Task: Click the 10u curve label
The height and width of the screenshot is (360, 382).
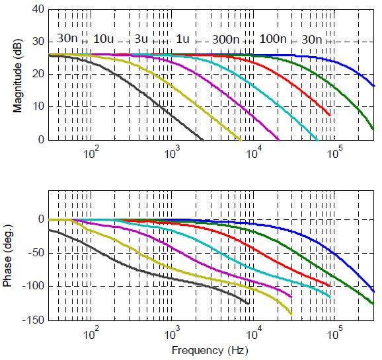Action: coord(104,39)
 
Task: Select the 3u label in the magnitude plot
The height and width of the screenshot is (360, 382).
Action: coord(141,39)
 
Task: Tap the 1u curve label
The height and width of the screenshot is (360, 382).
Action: coord(182,39)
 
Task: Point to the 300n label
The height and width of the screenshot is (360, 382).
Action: coord(226,40)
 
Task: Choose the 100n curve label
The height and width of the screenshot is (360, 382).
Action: coord(273,39)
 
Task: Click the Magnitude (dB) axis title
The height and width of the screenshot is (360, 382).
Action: coord(17,76)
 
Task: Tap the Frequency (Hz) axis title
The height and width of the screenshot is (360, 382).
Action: coord(210,351)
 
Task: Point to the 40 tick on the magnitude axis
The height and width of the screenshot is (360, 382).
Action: coord(38,9)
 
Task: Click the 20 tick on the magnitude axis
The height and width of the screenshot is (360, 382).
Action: coord(38,74)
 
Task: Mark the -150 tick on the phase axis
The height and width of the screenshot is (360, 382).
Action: coord(34,320)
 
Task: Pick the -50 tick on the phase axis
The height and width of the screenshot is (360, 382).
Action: coord(36,253)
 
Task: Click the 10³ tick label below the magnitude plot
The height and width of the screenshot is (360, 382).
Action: coord(172,153)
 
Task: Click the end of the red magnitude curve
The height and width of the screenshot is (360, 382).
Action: coord(330,115)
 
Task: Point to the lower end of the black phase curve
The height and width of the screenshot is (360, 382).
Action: coord(248,303)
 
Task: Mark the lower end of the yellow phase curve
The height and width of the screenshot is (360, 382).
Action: coord(291,314)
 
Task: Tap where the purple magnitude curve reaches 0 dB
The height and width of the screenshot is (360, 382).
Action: coord(279,140)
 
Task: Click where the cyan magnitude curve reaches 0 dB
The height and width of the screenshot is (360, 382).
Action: coord(317,140)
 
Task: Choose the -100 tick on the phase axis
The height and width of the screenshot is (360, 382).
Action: coord(34,286)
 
